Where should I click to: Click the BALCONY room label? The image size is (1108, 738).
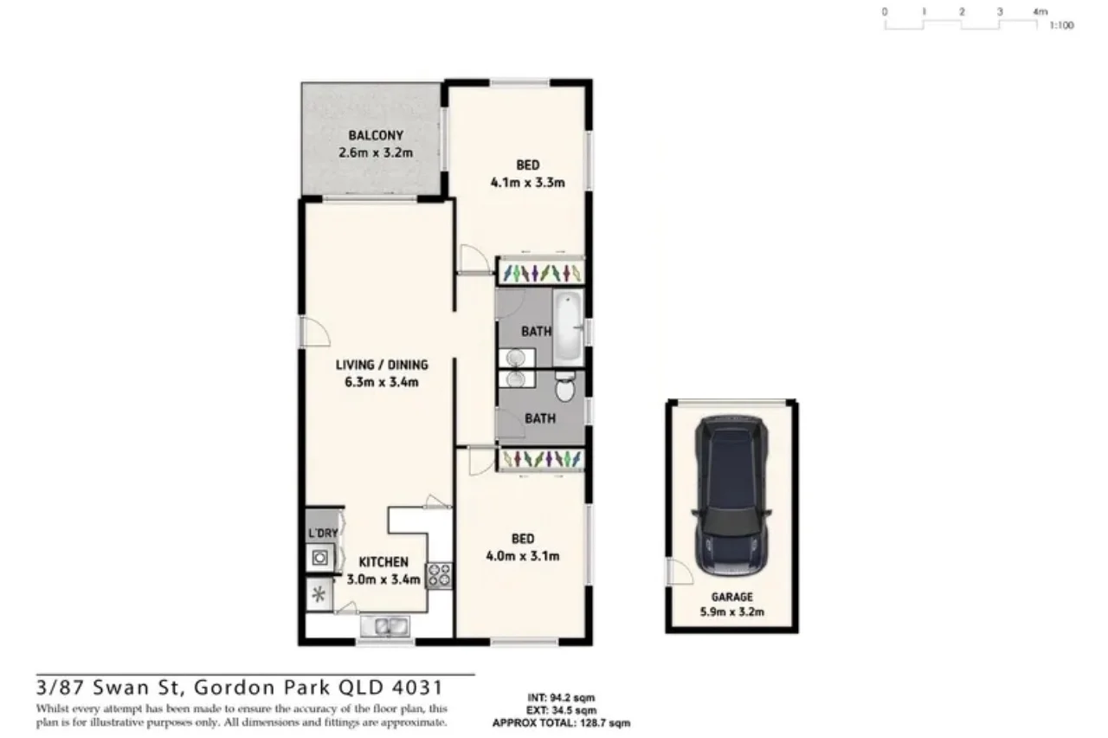[x=376, y=135]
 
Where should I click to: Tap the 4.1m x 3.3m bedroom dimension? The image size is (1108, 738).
[x=528, y=182]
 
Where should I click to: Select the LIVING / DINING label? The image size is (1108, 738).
[x=382, y=365]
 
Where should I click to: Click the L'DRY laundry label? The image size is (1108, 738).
[x=322, y=533]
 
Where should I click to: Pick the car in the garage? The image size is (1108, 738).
[x=731, y=496]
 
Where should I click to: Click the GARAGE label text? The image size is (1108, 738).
[x=732, y=597]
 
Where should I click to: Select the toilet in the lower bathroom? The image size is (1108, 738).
[x=565, y=389]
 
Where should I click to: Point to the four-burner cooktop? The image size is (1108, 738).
[x=437, y=576]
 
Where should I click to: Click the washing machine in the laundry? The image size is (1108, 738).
[x=320, y=559]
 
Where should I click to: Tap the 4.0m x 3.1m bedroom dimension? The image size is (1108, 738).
[x=523, y=556]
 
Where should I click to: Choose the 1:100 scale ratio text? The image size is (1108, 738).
[x=1060, y=26]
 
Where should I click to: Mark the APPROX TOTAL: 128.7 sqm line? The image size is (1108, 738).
[x=561, y=722]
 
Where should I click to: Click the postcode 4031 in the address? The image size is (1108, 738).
[x=420, y=689]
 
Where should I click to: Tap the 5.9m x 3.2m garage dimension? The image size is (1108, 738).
[x=732, y=612]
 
